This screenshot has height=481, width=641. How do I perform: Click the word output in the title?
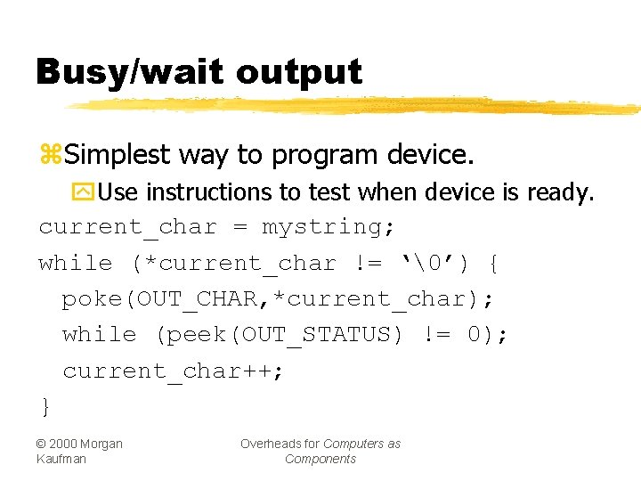[299, 72]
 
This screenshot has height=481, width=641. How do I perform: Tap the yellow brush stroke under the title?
[356, 105]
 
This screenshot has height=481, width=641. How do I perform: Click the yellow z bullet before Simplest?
[49, 155]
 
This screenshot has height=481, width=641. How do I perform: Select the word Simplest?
[118, 155]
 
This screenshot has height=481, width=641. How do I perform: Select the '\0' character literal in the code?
[434, 264]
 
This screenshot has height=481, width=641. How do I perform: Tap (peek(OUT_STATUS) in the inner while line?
[281, 335]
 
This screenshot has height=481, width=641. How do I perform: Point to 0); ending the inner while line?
[488, 335]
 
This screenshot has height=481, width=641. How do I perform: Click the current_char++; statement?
[174, 371]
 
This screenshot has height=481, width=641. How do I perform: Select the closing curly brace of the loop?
[45, 407]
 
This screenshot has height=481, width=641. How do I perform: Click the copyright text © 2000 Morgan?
[79, 444]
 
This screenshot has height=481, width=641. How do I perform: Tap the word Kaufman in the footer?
[62, 459]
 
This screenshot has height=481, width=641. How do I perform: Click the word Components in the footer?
[320, 459]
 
